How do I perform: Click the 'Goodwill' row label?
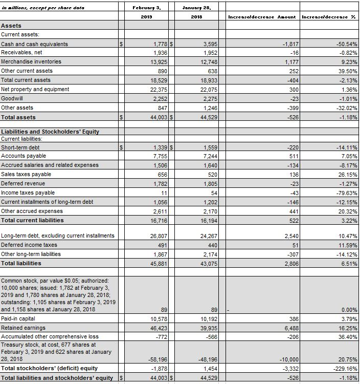(12, 98)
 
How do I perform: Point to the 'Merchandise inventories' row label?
(31, 61)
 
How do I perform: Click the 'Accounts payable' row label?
(24, 156)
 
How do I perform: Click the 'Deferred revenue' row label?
(23, 183)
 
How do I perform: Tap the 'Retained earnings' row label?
(24, 328)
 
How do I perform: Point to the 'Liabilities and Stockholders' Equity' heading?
(50, 132)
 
